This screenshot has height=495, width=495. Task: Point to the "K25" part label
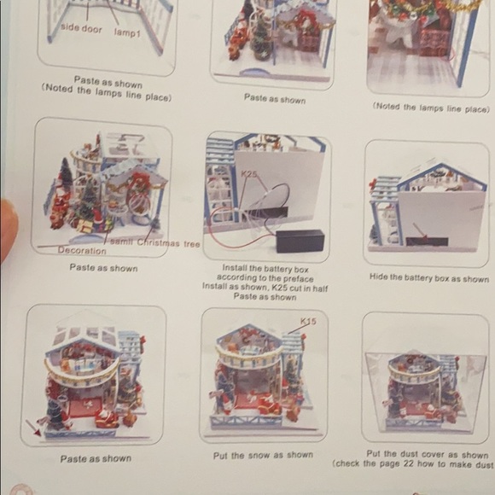pos(248,174)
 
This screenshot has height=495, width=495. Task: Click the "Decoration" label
pos(82,251)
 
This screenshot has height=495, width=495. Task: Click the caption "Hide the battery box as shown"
pos(428,278)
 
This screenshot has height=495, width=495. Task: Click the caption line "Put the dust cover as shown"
pos(428,454)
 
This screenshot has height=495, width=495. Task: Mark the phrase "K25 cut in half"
pos(291,287)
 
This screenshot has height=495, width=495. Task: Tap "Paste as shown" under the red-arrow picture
pos(96,458)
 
